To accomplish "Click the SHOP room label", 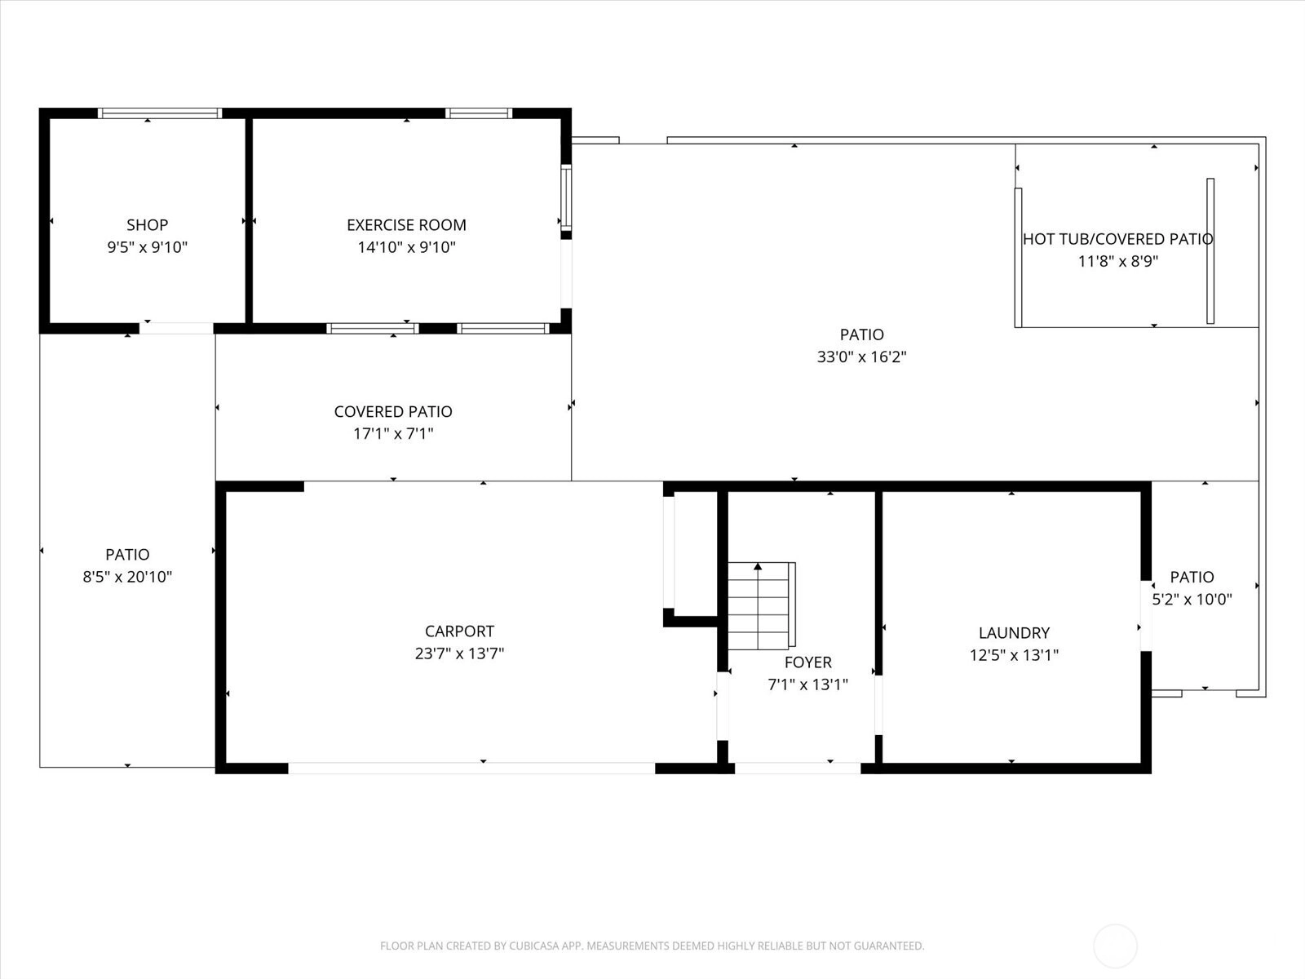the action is tap(147, 224).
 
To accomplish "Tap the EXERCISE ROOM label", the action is tap(407, 224).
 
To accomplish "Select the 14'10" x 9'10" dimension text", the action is tap(407, 246).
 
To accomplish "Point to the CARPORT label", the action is tap(459, 631).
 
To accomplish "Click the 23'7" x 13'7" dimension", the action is tap(459, 653).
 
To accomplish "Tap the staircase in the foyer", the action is tap(762, 605).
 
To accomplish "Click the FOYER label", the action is tap(808, 662).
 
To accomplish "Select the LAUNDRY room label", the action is tap(1015, 632).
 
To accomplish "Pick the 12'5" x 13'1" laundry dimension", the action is tap(1015, 654).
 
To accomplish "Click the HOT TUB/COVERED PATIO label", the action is tap(1117, 239).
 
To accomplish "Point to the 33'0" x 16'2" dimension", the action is tap(861, 357).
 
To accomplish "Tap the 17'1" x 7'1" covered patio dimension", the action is tap(394, 433).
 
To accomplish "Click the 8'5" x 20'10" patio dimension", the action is tap(127, 577).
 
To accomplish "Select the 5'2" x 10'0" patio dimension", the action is tap(1192, 599).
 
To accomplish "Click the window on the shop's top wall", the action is tap(160, 113).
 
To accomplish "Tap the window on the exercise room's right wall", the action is tap(567, 197).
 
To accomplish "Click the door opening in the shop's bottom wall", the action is tap(176, 328).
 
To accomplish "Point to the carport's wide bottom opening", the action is tap(471, 768).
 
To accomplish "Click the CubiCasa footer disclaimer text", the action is tap(652, 946).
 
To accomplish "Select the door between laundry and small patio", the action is tap(1146, 616).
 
